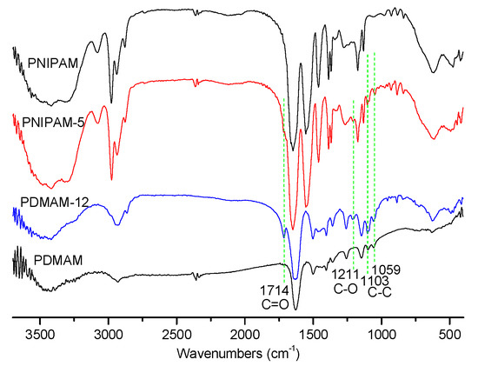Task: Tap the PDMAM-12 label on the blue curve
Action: (x=50, y=203)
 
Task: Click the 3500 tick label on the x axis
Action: (x=40, y=333)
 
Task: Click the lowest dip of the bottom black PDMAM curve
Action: (x=295, y=308)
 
